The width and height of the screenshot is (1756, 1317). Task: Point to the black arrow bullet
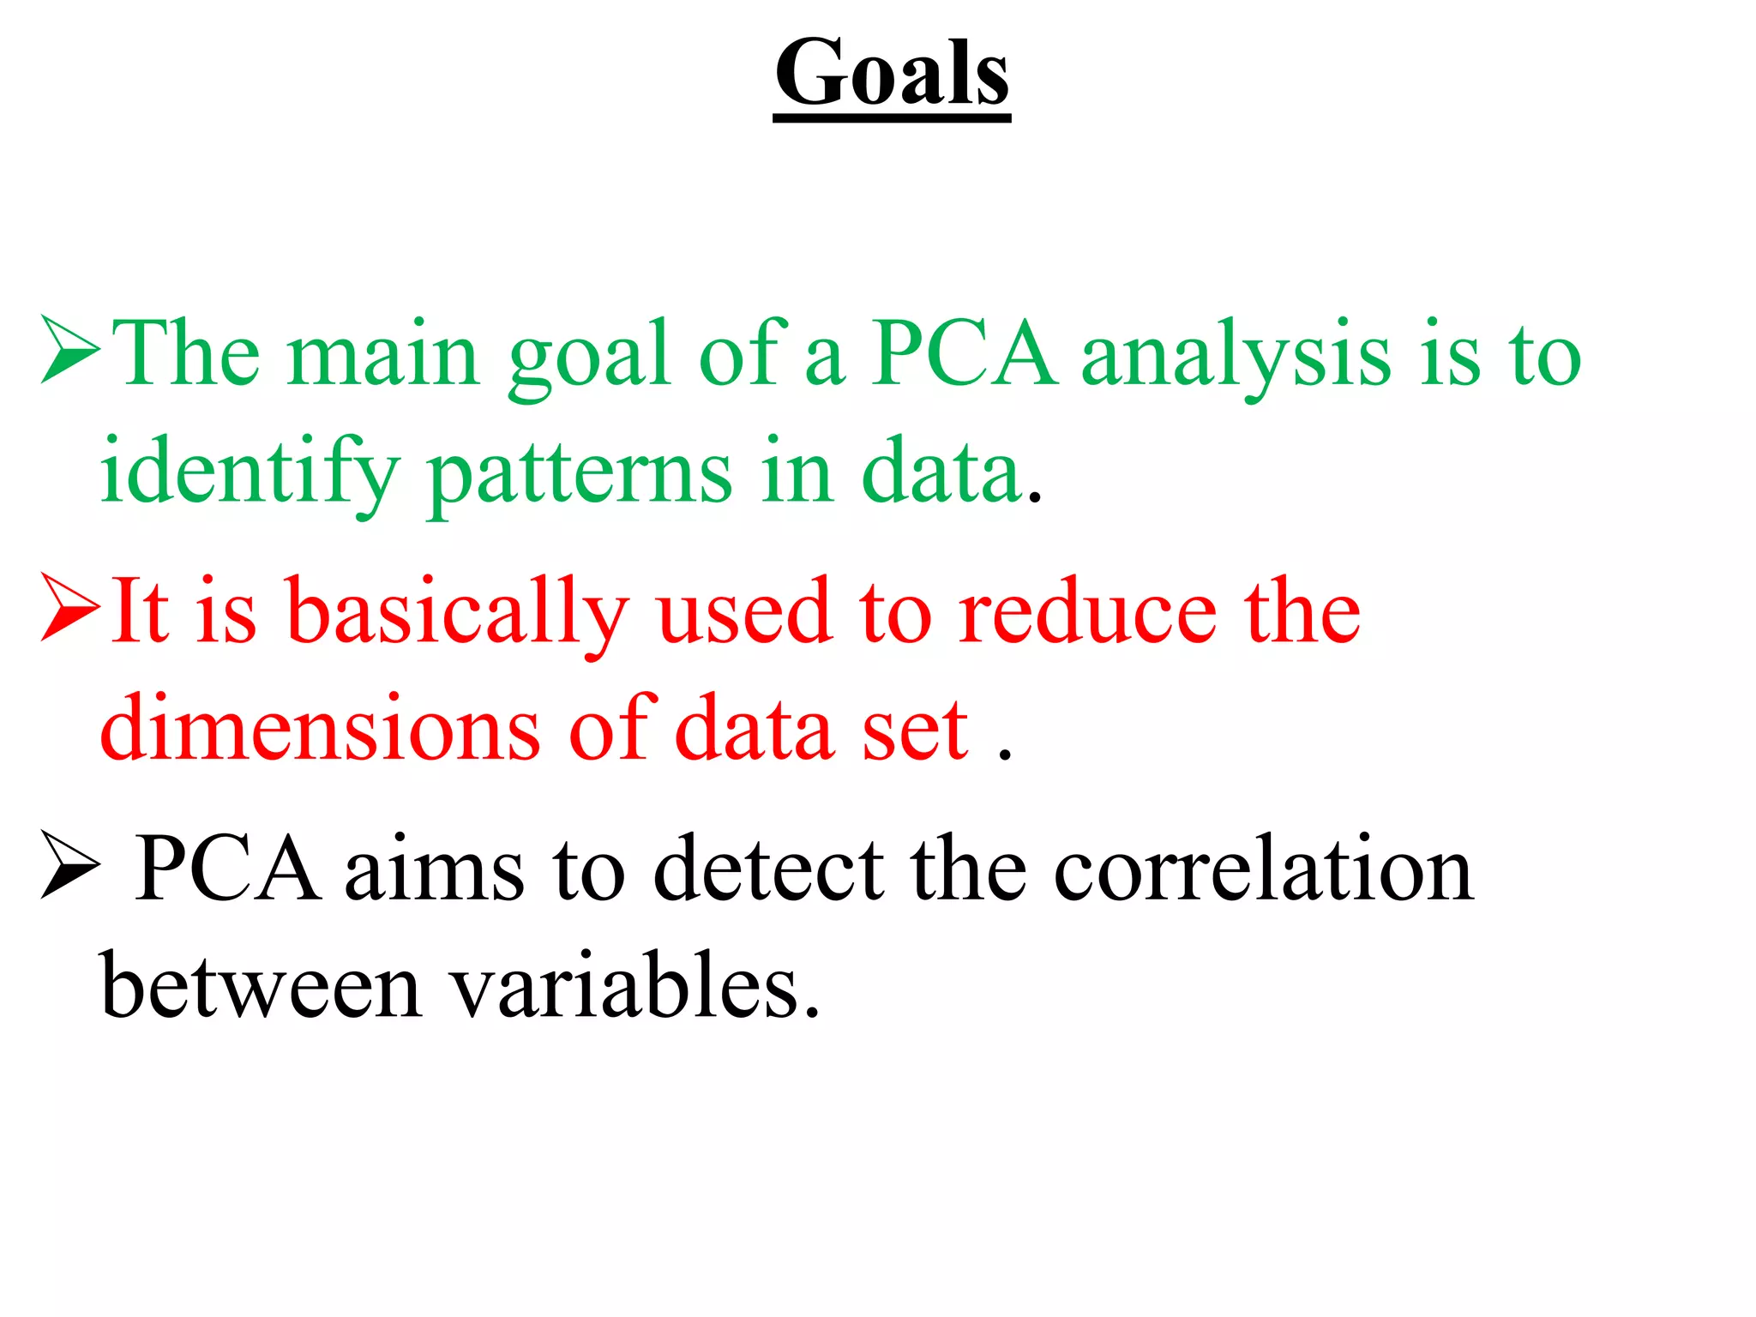coord(70,866)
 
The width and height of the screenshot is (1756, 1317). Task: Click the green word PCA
coord(964,353)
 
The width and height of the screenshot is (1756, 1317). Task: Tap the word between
coord(261,986)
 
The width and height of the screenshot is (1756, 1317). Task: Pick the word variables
coord(635,986)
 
